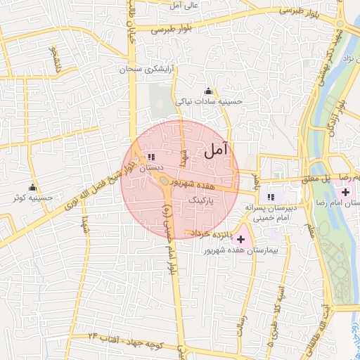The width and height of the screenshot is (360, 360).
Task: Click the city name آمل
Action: tap(217, 149)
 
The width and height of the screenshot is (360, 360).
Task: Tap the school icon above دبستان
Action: tap(151, 157)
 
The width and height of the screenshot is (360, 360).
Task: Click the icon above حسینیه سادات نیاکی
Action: tap(208, 91)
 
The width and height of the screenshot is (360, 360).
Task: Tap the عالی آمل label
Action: tap(184, 5)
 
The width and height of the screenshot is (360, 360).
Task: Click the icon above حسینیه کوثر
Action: tap(32, 187)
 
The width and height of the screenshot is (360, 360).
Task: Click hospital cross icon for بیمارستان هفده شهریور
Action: tap(241, 239)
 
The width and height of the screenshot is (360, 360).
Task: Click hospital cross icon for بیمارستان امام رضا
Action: tap(345, 192)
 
